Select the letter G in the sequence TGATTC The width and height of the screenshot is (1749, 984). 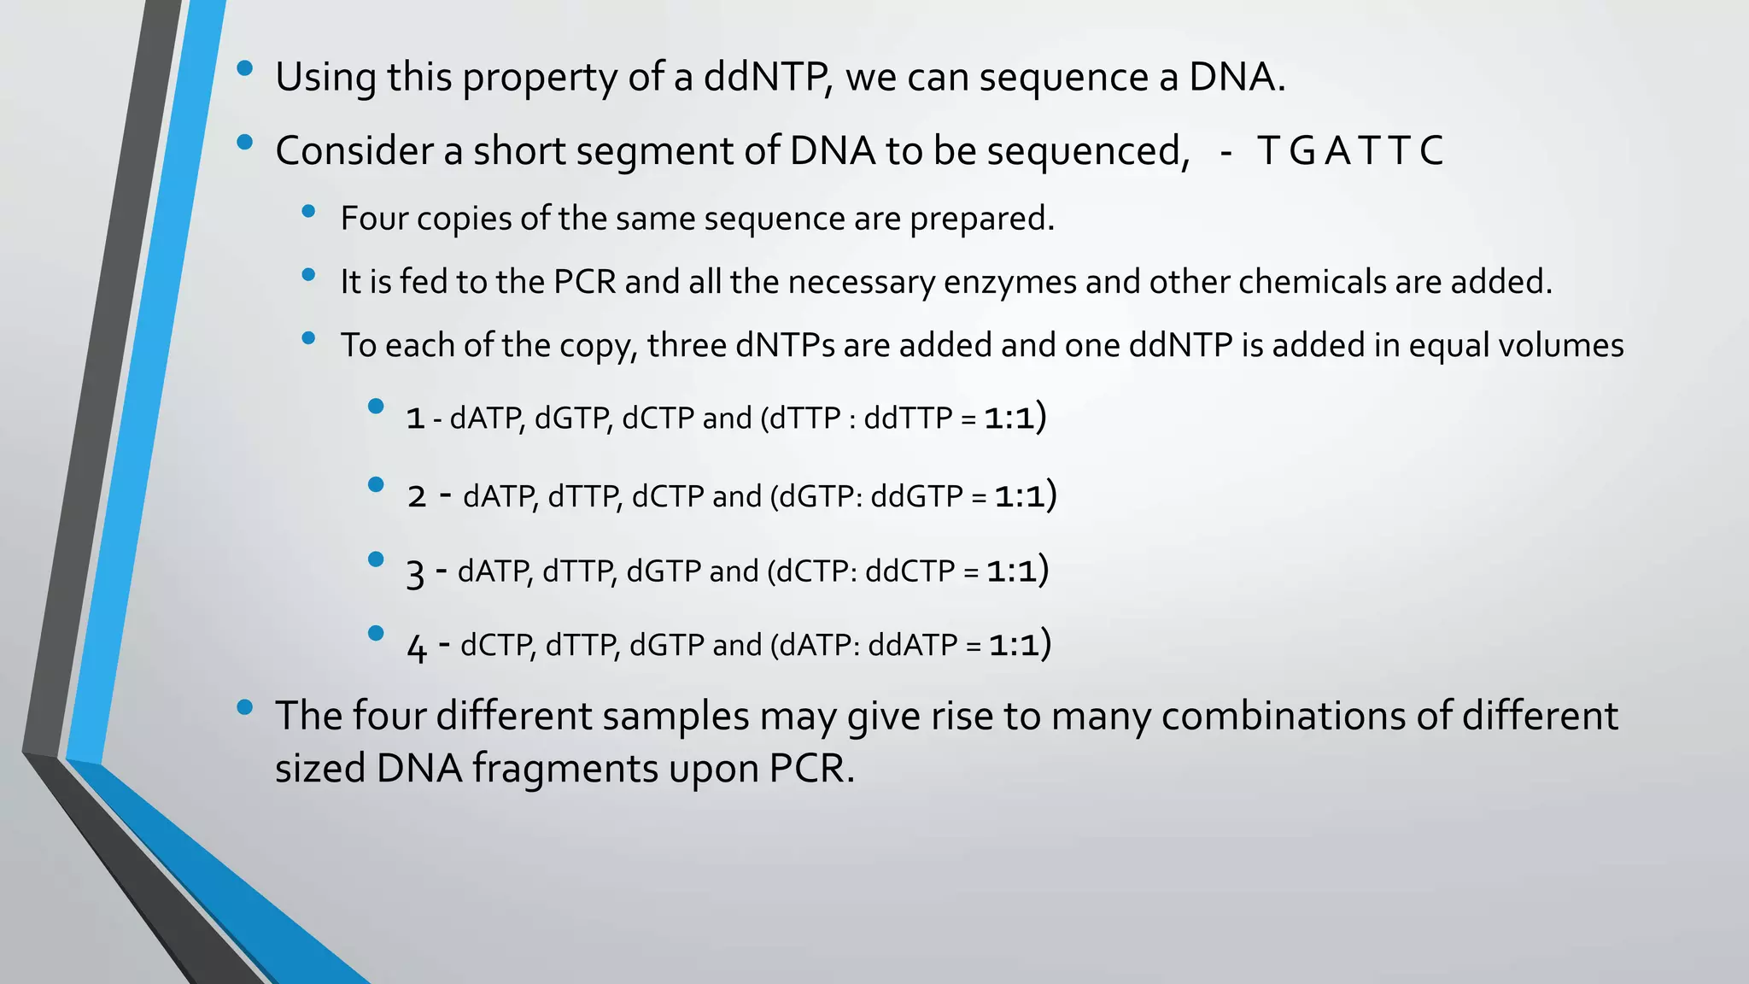pyautogui.click(x=1302, y=151)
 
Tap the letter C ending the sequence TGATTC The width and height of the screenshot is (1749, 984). pyautogui.click(x=1431, y=151)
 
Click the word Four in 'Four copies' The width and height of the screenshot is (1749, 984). pyautogui.click(x=374, y=219)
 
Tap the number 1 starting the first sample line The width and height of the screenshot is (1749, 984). pyautogui.click(x=416, y=419)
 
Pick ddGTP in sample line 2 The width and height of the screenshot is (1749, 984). pyautogui.click(x=916, y=496)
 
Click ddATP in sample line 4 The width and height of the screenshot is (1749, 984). pyautogui.click(x=913, y=645)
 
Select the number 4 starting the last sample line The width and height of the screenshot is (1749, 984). pyautogui.click(x=416, y=647)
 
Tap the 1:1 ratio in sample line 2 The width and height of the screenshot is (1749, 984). pyautogui.click(x=1020, y=496)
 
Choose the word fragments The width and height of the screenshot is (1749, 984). pyautogui.click(x=564, y=768)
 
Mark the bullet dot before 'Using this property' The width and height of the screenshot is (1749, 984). pyautogui.click(x=245, y=69)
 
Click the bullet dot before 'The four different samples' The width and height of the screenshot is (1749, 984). pyautogui.click(x=245, y=707)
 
